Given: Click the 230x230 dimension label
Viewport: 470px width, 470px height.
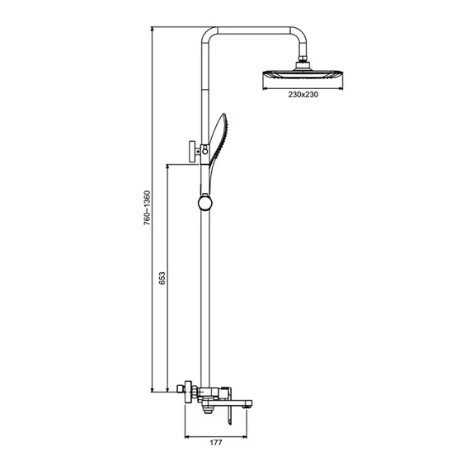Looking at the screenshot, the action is (303, 95).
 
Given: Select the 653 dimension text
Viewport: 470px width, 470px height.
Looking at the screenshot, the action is (162, 278).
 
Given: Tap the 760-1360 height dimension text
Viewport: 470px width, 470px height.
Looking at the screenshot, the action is (147, 208).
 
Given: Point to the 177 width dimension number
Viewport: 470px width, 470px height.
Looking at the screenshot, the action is (216, 443).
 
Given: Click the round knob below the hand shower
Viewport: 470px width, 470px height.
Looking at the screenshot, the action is (205, 203).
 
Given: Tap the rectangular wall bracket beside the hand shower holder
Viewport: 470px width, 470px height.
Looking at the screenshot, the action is (192, 152).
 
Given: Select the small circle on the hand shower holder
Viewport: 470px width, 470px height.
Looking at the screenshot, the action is (205, 152).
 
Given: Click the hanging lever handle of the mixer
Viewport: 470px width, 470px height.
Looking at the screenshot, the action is (229, 416).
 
